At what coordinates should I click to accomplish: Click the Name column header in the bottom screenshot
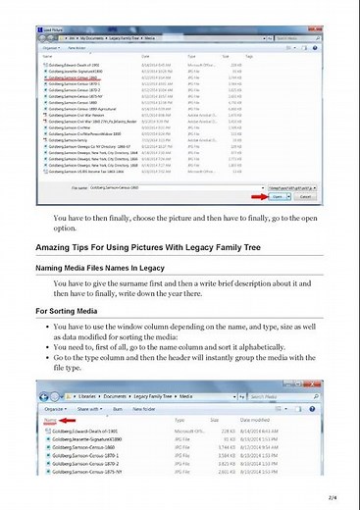[x=50, y=419]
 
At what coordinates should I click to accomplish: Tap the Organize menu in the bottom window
[x=54, y=406]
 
